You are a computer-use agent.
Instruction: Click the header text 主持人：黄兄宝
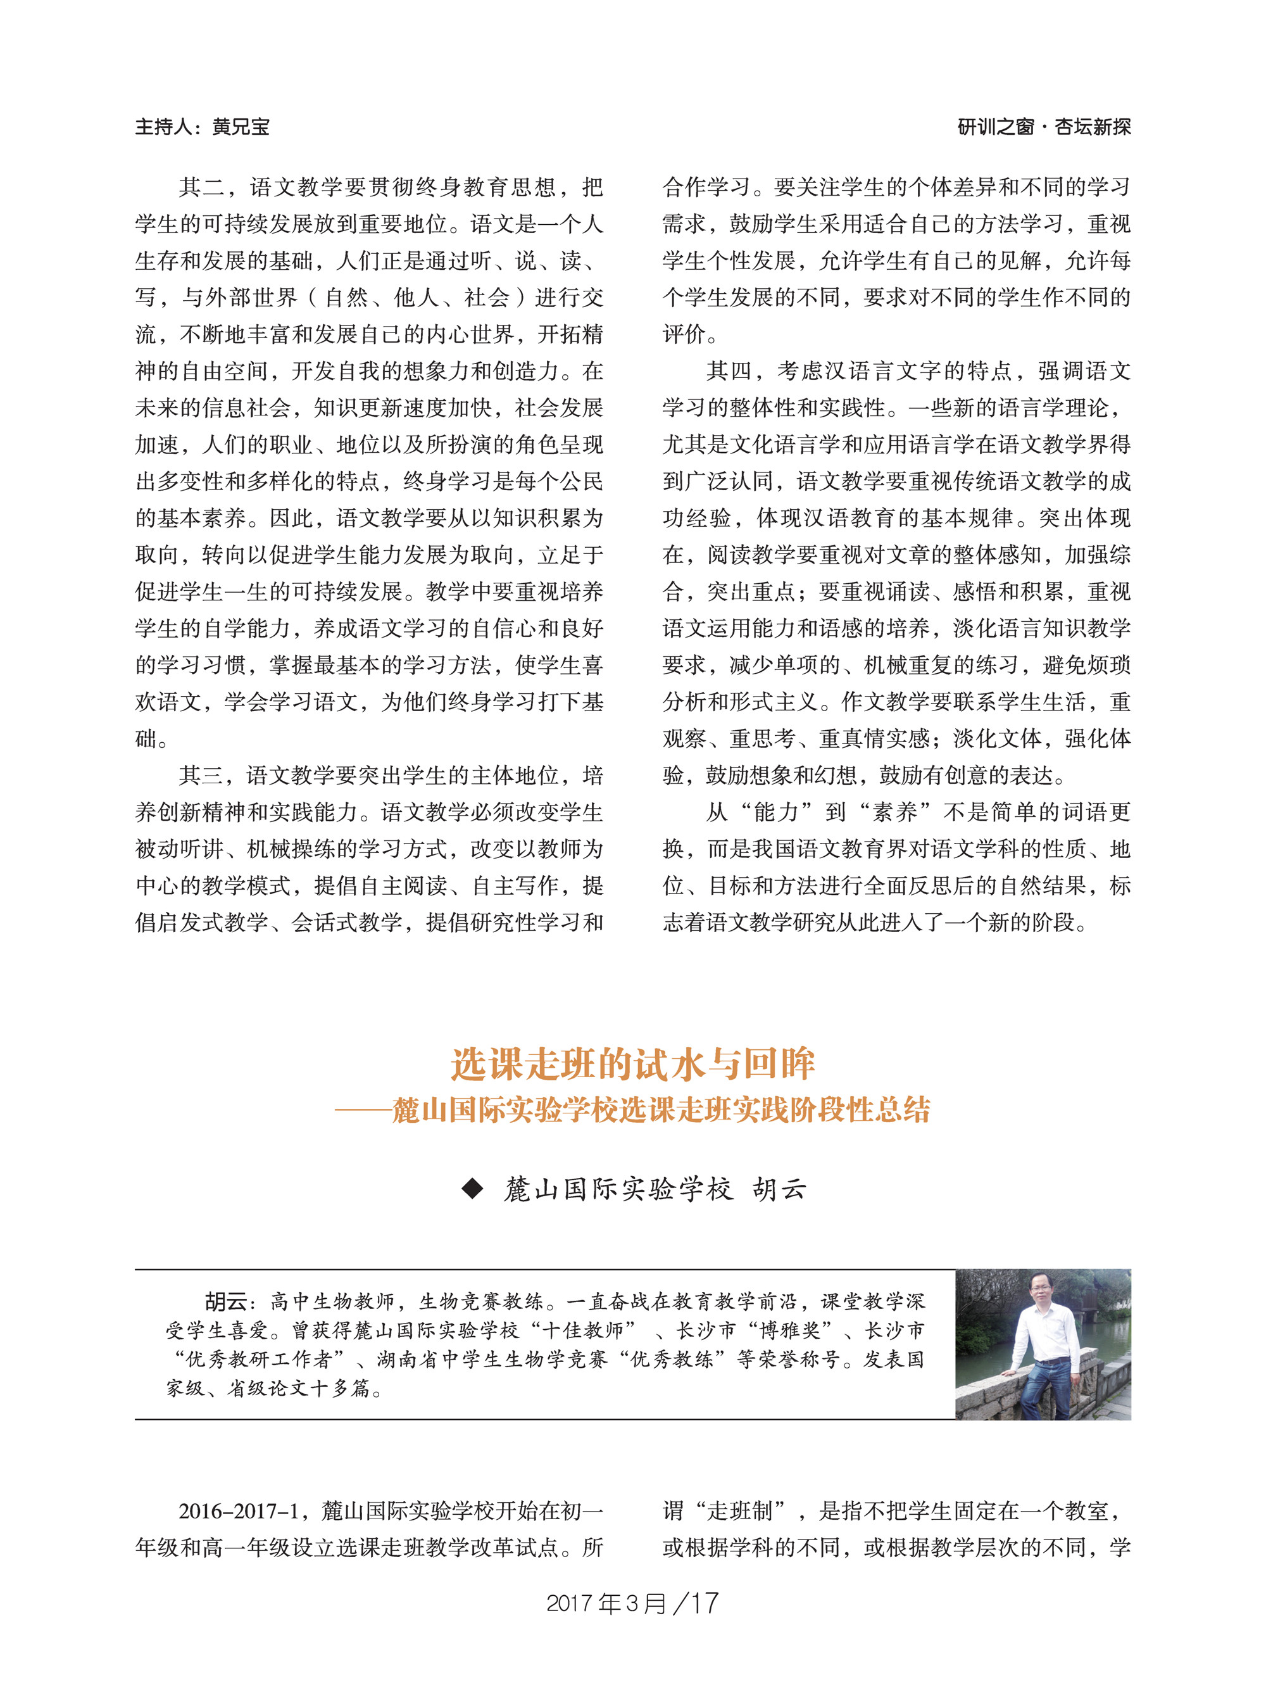pos(203,127)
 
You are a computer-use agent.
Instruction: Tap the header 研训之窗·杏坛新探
pos(1044,127)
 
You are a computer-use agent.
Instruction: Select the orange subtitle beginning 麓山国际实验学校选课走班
pos(661,1109)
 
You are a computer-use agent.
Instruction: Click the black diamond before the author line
pos(473,1189)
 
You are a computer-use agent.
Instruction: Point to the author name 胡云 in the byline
pos(779,1189)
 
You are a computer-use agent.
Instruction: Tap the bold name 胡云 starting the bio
pos(225,1301)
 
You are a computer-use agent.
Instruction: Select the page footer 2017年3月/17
pos(632,1603)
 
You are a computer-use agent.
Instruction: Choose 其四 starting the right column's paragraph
pos(728,371)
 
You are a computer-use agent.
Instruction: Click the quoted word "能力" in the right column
pos(775,812)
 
